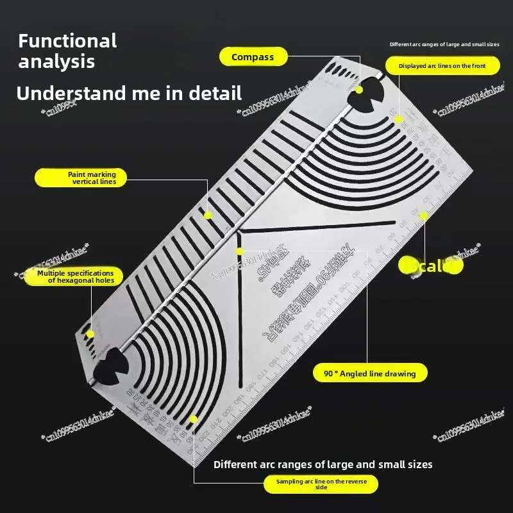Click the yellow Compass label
253,57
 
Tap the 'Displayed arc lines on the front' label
442,65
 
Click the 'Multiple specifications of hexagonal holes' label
71,276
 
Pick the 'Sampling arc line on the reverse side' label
321,484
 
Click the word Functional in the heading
67,41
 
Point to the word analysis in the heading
56,62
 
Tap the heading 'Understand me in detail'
129,93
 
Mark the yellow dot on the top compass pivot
359,90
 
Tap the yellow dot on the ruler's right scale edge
423,216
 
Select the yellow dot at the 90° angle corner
240,251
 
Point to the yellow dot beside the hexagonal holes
90,333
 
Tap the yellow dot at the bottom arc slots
194,420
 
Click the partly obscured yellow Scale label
430,265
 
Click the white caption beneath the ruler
323,464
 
